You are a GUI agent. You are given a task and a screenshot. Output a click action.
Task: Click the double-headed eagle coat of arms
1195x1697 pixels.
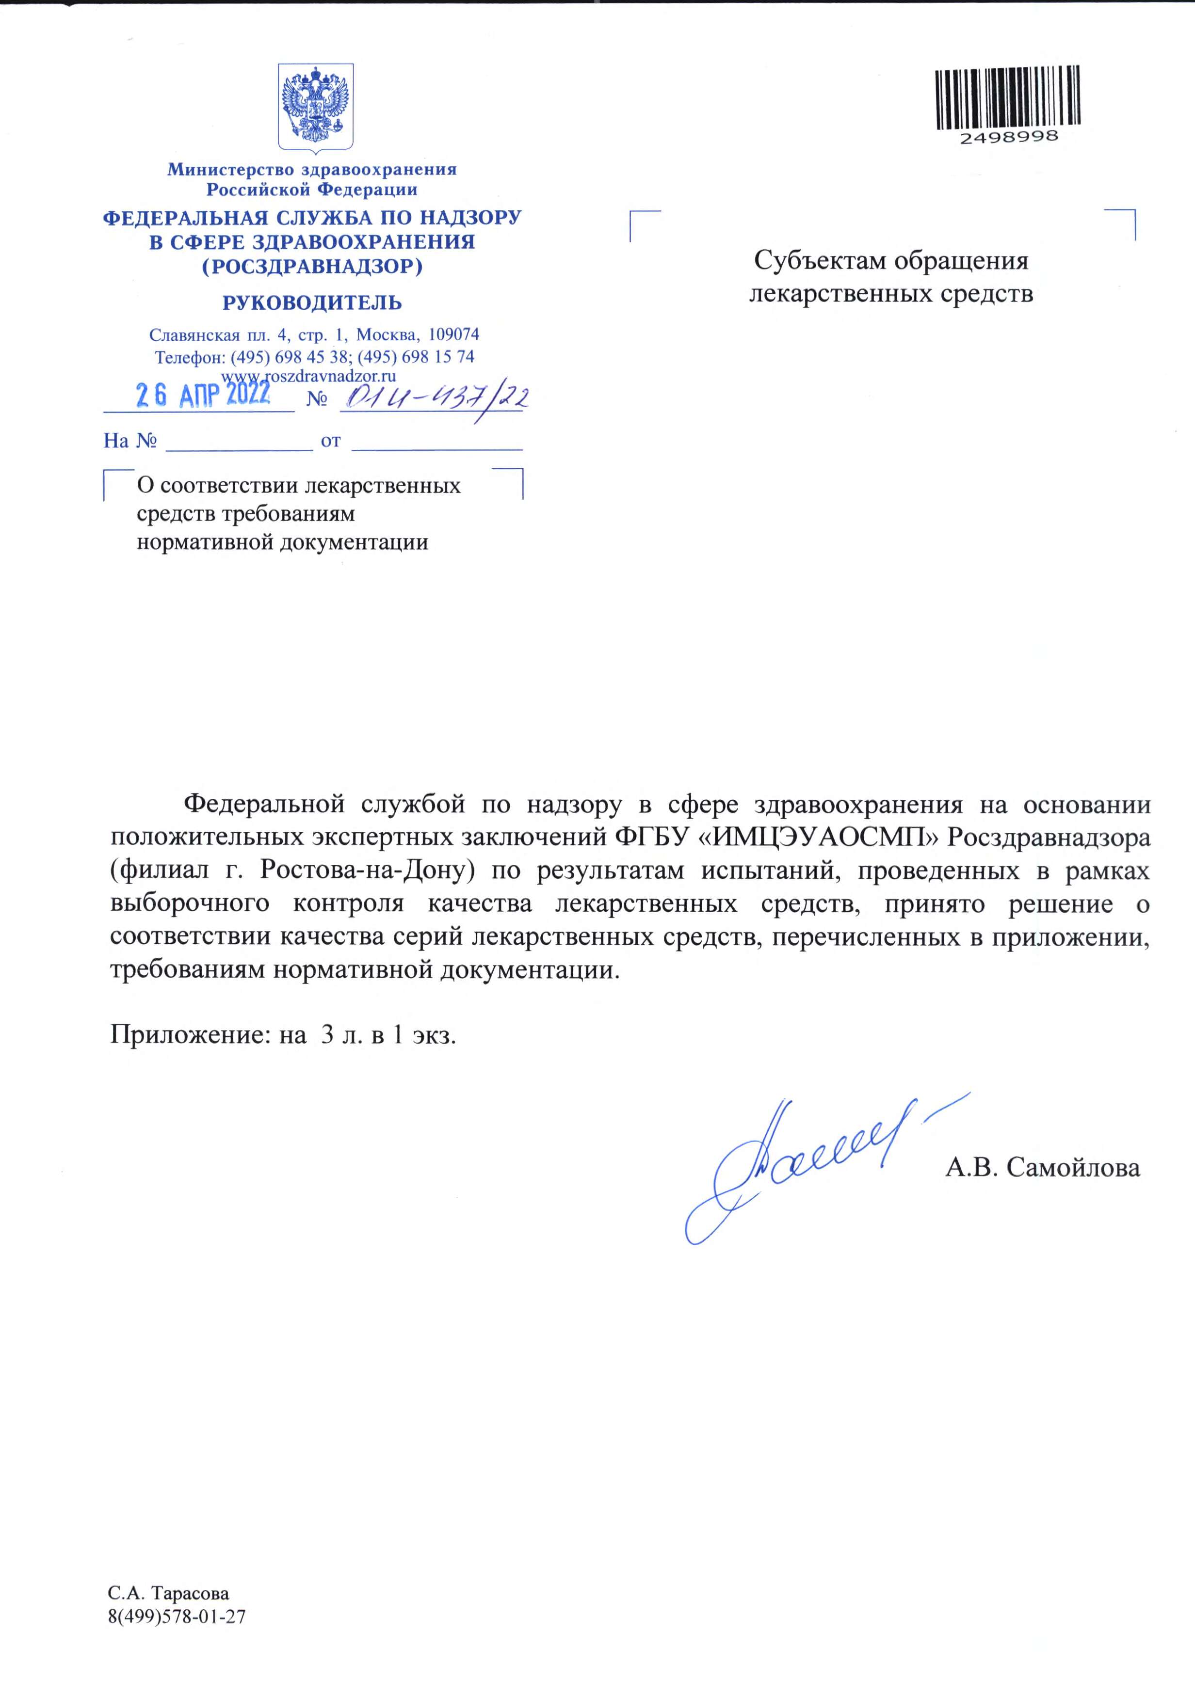tap(315, 107)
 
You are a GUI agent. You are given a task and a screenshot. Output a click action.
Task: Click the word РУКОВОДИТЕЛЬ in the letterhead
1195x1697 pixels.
tap(312, 302)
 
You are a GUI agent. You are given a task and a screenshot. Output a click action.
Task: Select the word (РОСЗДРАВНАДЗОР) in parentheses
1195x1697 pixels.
tap(312, 266)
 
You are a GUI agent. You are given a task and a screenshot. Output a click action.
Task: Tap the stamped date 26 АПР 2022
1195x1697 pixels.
tap(203, 394)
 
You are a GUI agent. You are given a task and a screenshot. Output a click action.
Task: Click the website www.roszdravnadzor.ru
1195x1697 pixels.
tap(309, 376)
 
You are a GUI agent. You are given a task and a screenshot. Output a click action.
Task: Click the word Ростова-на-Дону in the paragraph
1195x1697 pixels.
tap(367, 870)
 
